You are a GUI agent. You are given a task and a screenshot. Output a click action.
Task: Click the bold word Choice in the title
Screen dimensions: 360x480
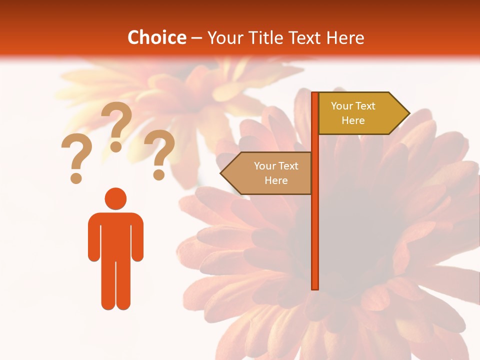click(x=156, y=37)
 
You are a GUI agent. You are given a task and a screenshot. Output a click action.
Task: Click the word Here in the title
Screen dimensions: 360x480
click(x=345, y=37)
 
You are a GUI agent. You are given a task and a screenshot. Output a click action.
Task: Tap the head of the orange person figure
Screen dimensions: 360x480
click(x=115, y=198)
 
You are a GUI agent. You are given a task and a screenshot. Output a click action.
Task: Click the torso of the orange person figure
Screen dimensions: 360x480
click(x=115, y=235)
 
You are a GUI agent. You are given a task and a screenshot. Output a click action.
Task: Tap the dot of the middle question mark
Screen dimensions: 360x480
click(x=116, y=146)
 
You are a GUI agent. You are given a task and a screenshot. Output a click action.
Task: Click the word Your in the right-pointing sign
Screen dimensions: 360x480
click(x=342, y=106)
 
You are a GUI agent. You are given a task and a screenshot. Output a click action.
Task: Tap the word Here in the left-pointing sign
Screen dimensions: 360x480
click(x=276, y=180)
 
